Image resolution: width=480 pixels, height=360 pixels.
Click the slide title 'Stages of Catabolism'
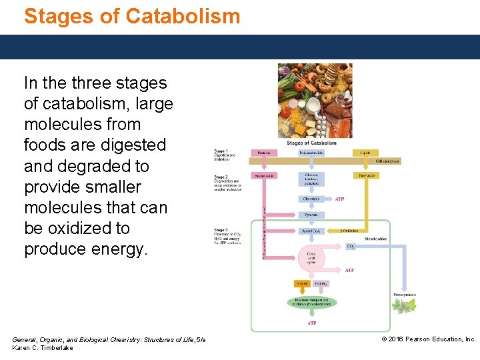(132, 15)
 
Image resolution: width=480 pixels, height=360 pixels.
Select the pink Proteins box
(260, 153)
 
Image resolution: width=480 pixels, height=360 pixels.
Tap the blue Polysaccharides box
(311, 153)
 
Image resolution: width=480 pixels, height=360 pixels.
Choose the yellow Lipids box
(365, 153)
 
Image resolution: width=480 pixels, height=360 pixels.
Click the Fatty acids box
(365, 175)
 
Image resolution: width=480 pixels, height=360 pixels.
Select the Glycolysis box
(311, 199)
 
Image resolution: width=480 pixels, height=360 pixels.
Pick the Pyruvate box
(311, 215)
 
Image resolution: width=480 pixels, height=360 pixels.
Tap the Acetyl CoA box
(311, 231)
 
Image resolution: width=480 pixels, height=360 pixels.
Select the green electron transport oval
(311, 301)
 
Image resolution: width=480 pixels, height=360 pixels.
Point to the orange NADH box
(302, 284)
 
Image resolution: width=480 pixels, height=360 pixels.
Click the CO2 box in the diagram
(351, 246)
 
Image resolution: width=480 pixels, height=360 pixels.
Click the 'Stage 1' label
(221, 151)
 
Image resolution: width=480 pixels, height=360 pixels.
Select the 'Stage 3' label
(221, 229)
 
